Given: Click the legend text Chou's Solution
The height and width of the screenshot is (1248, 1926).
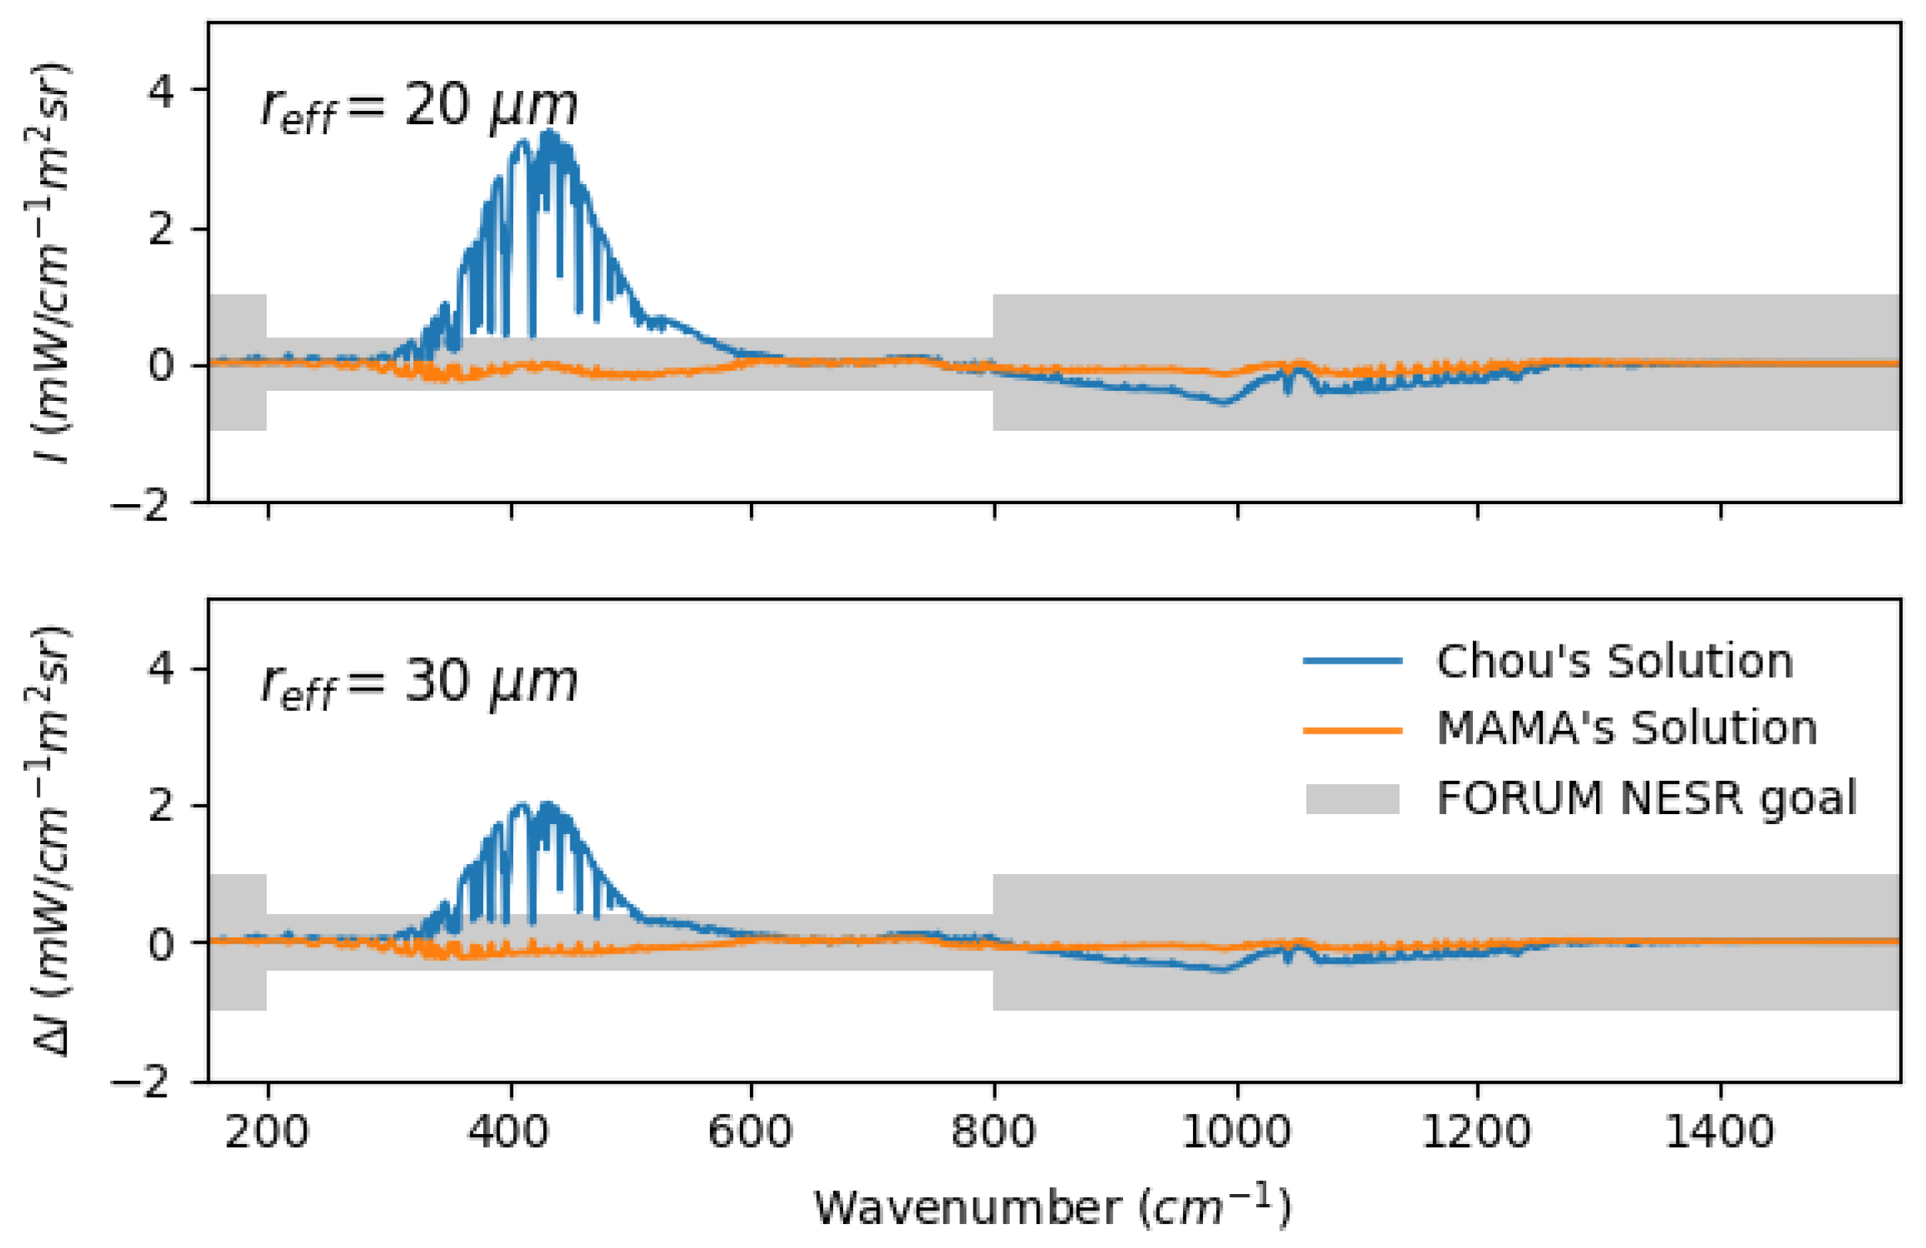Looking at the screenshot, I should pyautogui.click(x=1615, y=661).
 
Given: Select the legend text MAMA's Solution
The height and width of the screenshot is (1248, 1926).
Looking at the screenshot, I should pyautogui.click(x=1626, y=728).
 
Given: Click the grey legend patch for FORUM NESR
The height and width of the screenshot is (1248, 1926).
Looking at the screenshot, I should pyautogui.click(x=1353, y=799).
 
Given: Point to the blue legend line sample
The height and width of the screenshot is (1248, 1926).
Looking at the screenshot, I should pyautogui.click(x=1353, y=661).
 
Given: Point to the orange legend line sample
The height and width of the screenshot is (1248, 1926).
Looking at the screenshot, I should pyautogui.click(x=1353, y=730).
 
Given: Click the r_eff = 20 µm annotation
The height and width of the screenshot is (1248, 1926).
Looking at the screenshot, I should pyautogui.click(x=418, y=108).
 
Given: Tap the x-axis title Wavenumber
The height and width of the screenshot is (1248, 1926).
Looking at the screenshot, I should pyautogui.click(x=1052, y=1209).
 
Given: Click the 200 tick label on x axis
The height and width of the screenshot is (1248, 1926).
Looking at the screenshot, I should pyautogui.click(x=267, y=1131).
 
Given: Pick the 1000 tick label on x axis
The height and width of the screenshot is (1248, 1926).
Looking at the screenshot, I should pyautogui.click(x=1235, y=1131).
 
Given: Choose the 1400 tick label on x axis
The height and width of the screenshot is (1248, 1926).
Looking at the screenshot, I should pyautogui.click(x=1719, y=1131).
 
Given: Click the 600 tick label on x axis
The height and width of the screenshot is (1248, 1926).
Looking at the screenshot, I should pyautogui.click(x=750, y=1131).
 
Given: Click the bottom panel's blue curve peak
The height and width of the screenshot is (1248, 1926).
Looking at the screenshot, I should pyautogui.click(x=548, y=806).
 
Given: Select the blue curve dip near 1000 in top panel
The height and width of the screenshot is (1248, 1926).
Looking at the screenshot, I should pyautogui.click(x=1224, y=402).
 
